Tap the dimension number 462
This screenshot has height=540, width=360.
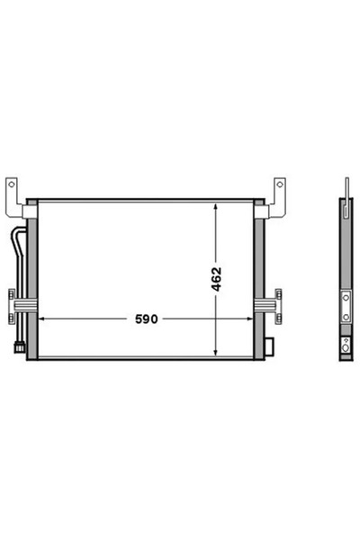coord(216,279)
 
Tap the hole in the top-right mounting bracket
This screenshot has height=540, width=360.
coord(280,186)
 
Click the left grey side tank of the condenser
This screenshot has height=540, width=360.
coord(32,279)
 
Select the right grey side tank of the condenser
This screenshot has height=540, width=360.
coord(260,279)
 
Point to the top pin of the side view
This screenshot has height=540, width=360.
coord(346,184)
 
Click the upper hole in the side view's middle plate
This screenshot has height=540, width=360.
coord(346,296)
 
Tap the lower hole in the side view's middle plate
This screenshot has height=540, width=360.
coord(346,316)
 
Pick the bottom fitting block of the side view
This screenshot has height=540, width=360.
coord(346,346)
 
